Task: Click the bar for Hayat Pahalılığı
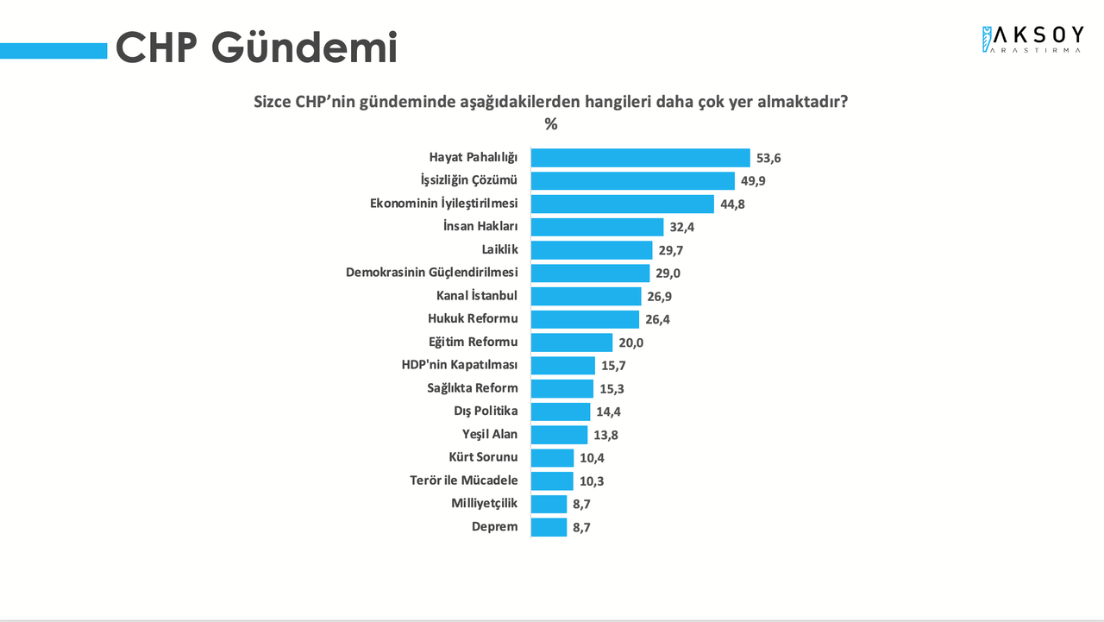coord(640,158)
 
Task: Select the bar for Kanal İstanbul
coord(586,296)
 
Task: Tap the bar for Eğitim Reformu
coord(571,342)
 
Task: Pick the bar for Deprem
coord(549,527)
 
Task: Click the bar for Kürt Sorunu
coord(552,458)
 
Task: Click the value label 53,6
coord(768,158)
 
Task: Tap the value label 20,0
coord(630,342)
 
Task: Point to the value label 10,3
coord(592,481)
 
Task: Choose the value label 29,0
coord(668,273)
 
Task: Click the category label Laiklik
coord(500,249)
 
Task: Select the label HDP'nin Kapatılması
coord(460,365)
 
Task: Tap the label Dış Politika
coord(486,411)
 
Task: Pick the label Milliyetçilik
coord(485,503)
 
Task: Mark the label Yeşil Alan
coord(490,434)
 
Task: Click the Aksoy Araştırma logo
coord(1032,39)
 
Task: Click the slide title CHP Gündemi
coord(256,47)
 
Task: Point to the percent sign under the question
coord(551,124)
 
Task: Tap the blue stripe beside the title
coord(53,52)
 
